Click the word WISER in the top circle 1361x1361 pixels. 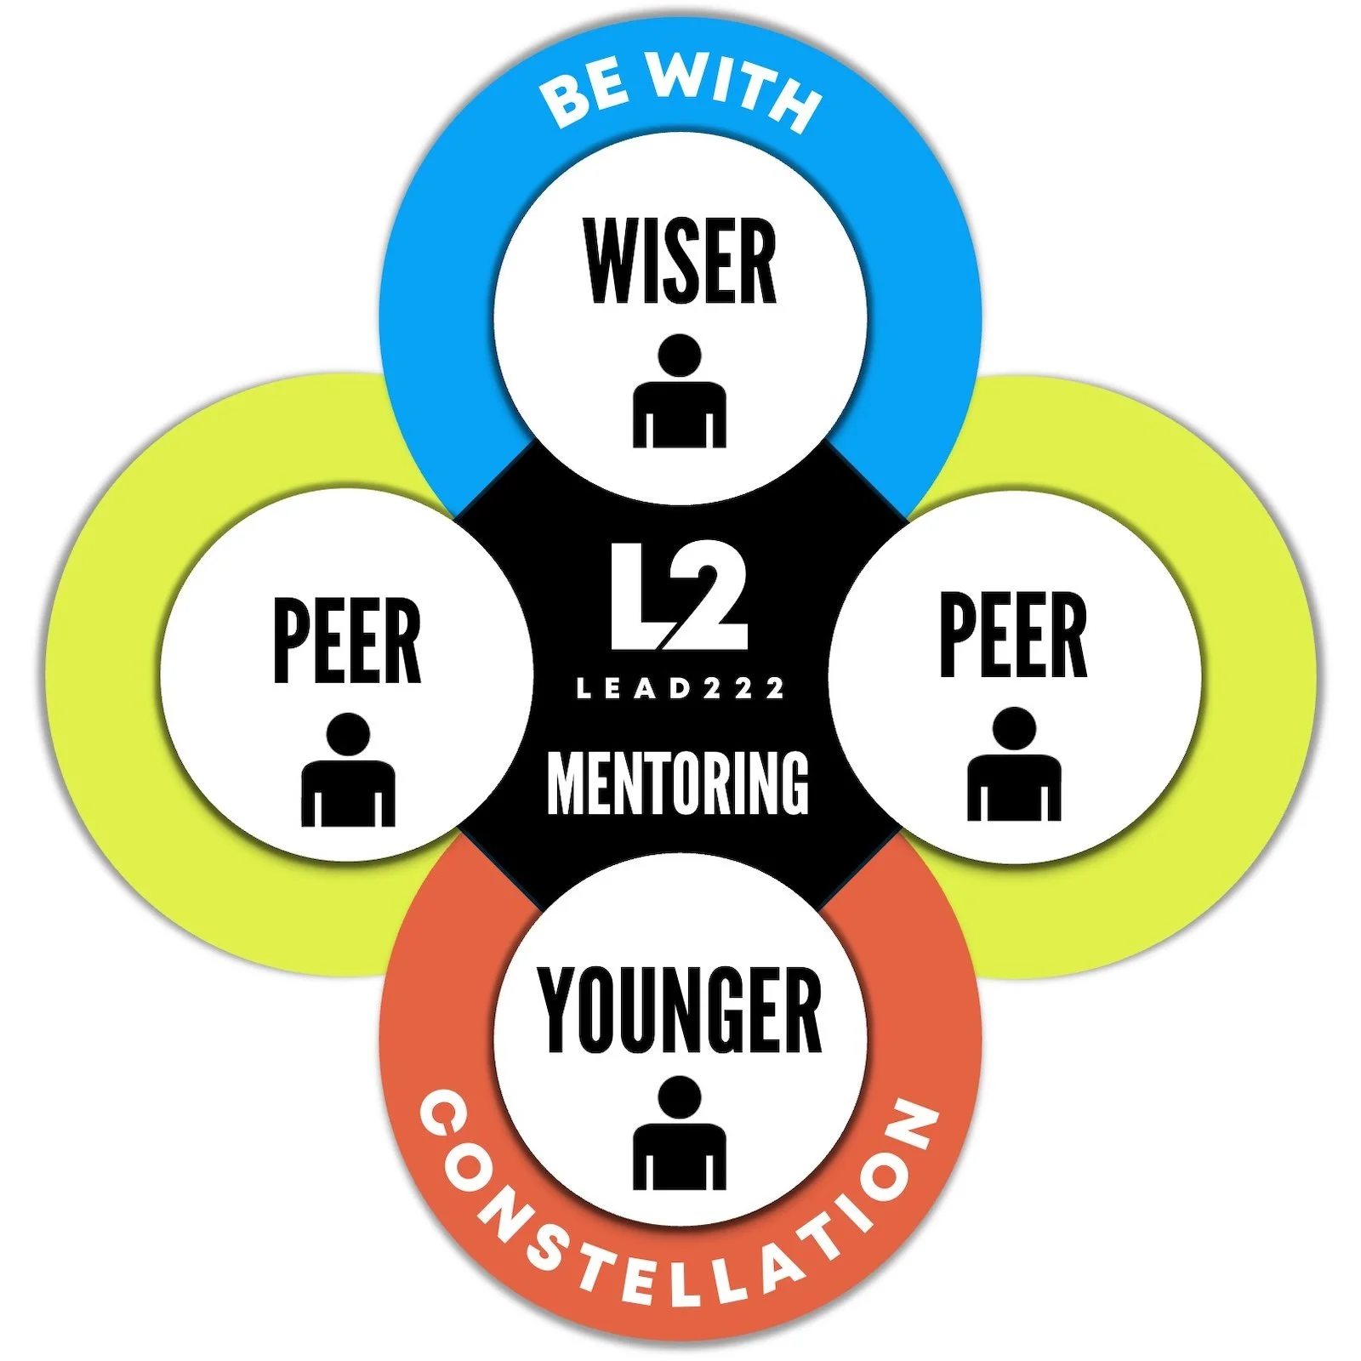(680, 261)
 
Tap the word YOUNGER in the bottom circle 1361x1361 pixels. (680, 1010)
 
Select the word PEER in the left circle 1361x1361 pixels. (347, 641)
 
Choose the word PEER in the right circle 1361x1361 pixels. (1013, 635)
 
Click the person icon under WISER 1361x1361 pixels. (680, 392)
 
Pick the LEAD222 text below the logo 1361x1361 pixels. (680, 689)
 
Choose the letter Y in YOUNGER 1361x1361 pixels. (560, 1010)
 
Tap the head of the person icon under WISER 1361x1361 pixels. (680, 356)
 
